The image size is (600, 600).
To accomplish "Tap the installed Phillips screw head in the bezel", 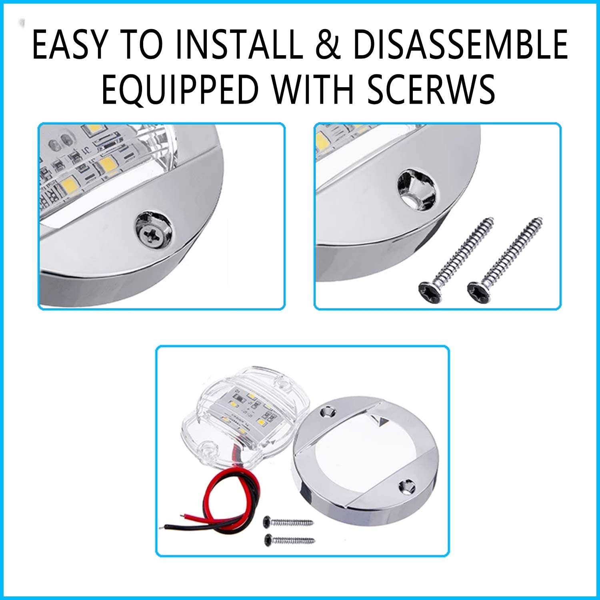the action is click(x=154, y=233).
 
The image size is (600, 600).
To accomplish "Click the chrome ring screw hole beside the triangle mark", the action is click(x=327, y=412).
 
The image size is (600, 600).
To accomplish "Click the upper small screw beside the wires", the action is click(x=288, y=522).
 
